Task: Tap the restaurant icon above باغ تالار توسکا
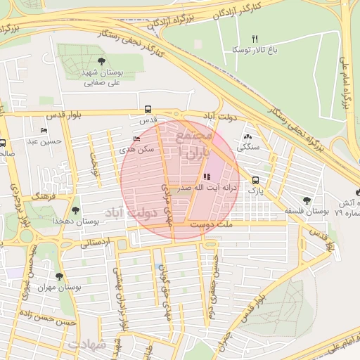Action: point(255,38)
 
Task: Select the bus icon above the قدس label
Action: point(148,109)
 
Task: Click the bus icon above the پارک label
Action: point(255,179)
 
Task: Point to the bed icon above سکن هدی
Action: point(136,139)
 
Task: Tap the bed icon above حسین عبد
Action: point(44,131)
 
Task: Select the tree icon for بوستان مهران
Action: point(58,276)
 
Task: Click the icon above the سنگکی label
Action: point(247,137)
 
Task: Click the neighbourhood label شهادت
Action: point(87,345)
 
